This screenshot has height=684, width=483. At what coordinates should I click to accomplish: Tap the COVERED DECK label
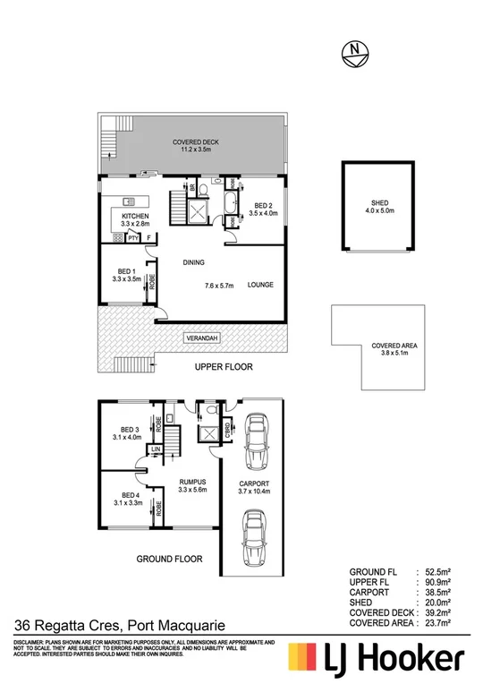[195, 143]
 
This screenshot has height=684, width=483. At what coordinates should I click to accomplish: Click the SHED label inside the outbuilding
[368, 203]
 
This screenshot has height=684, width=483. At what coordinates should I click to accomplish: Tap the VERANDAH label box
[200, 339]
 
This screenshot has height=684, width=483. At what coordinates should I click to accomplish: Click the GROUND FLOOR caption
[169, 559]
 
